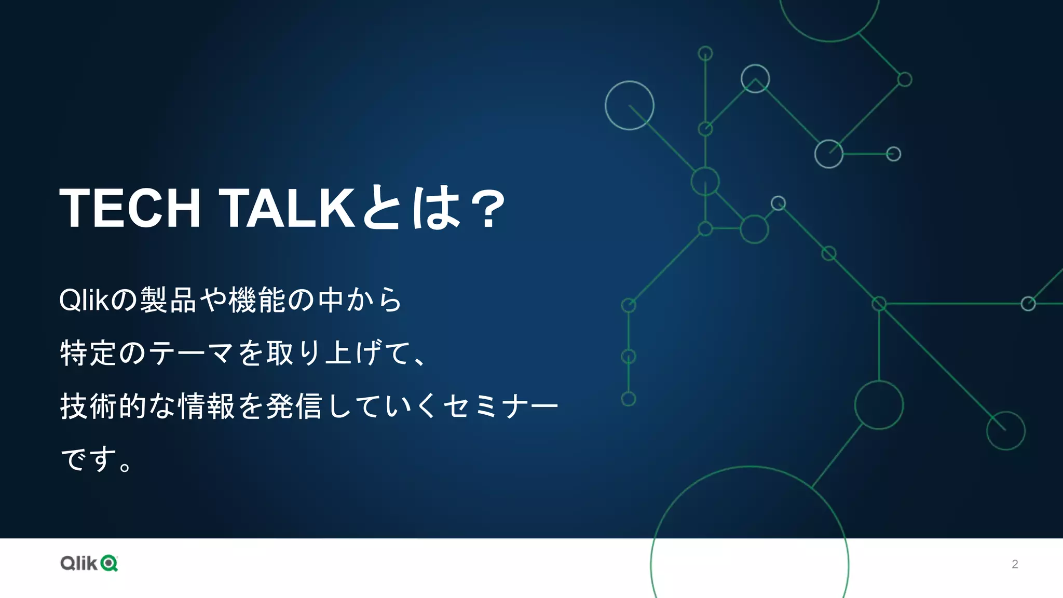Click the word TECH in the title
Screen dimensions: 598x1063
point(130,208)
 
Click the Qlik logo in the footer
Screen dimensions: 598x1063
point(89,563)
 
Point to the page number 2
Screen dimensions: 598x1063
point(1015,564)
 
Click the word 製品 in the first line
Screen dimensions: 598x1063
point(168,300)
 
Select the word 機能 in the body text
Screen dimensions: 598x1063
point(257,300)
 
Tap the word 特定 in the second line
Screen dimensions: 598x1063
point(88,353)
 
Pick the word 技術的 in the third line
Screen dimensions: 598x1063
point(103,406)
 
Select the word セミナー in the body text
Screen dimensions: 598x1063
point(501,406)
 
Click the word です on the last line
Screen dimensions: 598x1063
point(88,459)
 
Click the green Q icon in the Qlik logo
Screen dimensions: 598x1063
point(110,563)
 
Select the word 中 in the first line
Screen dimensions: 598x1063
point(331,300)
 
